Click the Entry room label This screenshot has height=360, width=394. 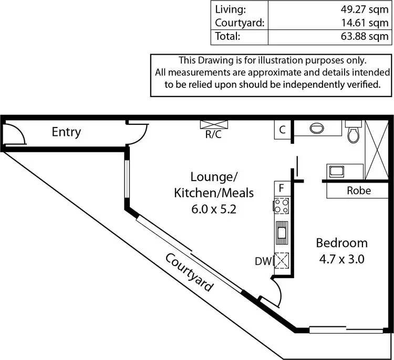pos(66,132)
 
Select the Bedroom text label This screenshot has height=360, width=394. pos(341,243)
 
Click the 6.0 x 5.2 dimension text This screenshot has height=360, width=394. pos(214,208)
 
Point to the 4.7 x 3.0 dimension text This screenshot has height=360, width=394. pos(341,259)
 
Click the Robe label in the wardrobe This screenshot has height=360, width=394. pos(359,190)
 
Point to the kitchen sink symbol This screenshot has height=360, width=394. pos(282,232)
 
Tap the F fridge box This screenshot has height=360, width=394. pos(282,187)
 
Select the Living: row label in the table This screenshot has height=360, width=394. pos(230,9)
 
